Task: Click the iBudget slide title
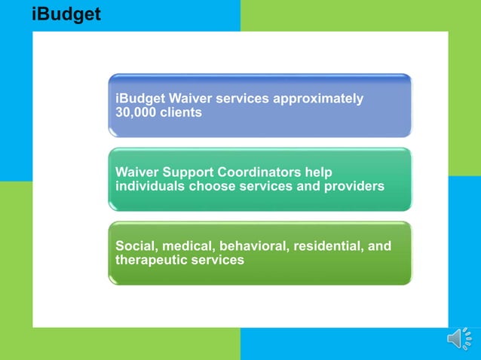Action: [66, 14]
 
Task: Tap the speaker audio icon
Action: [460, 340]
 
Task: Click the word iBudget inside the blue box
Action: [140, 99]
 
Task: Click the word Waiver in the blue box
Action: [191, 99]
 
